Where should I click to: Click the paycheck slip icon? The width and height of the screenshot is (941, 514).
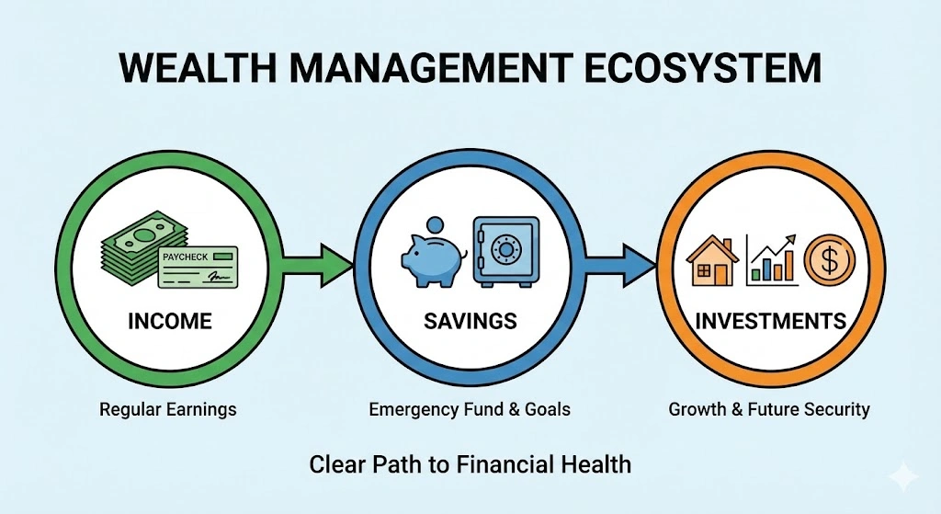click(x=197, y=267)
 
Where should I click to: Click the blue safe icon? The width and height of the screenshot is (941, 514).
click(x=505, y=250)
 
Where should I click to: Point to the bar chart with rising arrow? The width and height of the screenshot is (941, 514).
click(x=770, y=257)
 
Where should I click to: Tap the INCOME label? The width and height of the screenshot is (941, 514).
click(x=169, y=321)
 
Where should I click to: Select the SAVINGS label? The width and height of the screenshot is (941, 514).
click(x=470, y=321)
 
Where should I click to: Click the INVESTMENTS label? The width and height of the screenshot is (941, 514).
click(x=770, y=321)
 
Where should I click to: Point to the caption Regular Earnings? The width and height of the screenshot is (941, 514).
click(x=168, y=409)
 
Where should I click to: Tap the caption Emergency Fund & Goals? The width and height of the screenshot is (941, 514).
click(x=470, y=409)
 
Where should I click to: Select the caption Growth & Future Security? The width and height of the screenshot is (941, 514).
click(x=769, y=409)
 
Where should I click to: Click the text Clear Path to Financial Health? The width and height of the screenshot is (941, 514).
click(x=470, y=463)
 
